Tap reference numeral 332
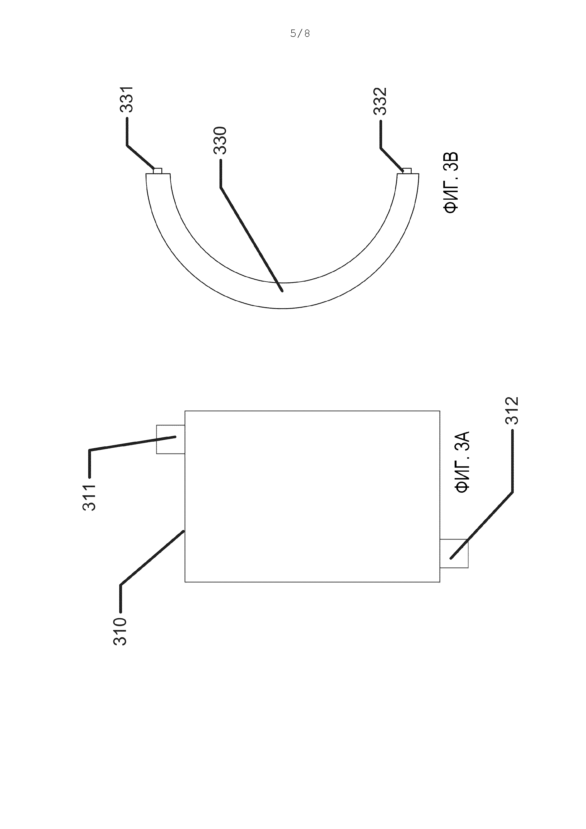coord(380,101)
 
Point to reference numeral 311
coord(89,497)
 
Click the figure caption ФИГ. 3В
coord(451,183)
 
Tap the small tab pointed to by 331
coord(158,170)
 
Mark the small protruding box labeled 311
coord(170,439)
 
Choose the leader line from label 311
coord(130,444)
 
